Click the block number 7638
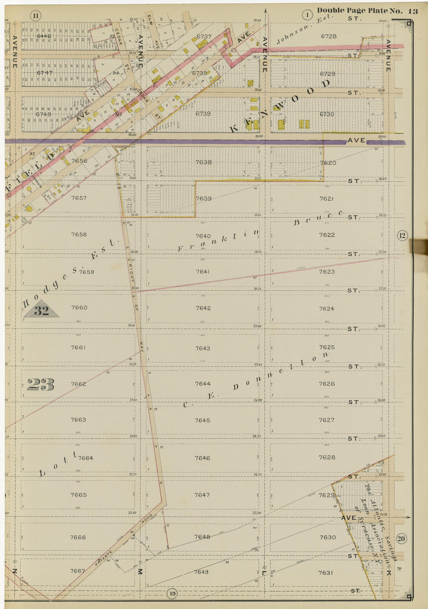pyautogui.click(x=203, y=162)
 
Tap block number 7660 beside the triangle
pyautogui.click(x=79, y=307)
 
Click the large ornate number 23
pyautogui.click(x=40, y=385)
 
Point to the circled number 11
pyautogui.click(x=36, y=16)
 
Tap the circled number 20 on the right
pyautogui.click(x=402, y=539)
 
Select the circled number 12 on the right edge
pyautogui.click(x=402, y=235)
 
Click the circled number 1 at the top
pyautogui.click(x=307, y=16)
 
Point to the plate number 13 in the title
pyautogui.click(x=412, y=11)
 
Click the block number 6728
pyautogui.click(x=329, y=36)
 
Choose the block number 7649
pyautogui.click(x=201, y=572)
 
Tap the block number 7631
pyautogui.click(x=326, y=572)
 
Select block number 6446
pyautogui.click(x=44, y=36)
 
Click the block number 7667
pyautogui.click(x=77, y=571)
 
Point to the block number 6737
pyautogui.click(x=204, y=37)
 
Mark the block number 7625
pyautogui.click(x=327, y=347)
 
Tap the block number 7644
pyautogui.click(x=203, y=384)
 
